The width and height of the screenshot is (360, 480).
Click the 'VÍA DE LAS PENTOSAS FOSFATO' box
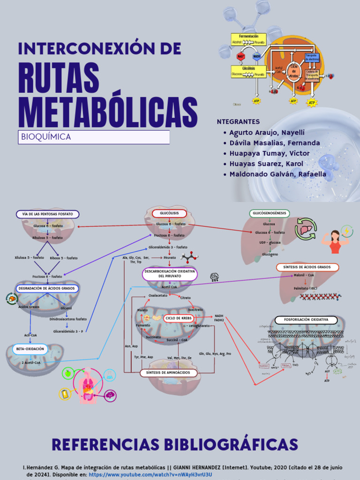click(x=48, y=214)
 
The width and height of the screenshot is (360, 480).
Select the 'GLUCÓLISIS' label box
click(x=169, y=214)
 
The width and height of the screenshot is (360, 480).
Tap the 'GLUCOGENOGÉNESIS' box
click(x=269, y=214)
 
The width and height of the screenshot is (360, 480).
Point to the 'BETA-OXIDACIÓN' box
click(x=30, y=349)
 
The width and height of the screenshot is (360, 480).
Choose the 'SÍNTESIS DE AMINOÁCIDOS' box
click(x=168, y=373)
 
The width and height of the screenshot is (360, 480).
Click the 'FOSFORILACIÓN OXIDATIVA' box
click(x=307, y=320)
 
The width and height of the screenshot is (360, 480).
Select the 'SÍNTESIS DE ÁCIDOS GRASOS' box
click(x=307, y=267)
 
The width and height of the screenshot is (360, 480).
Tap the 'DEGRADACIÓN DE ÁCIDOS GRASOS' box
click(x=47, y=288)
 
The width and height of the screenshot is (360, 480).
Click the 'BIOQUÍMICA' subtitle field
click(x=94, y=137)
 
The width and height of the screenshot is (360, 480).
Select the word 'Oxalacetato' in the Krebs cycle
click(x=158, y=296)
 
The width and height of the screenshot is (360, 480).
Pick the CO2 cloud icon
click(x=215, y=277)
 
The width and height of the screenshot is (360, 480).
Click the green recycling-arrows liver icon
click(x=306, y=229)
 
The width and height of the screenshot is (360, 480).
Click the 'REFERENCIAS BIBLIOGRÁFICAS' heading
click(x=174, y=444)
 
